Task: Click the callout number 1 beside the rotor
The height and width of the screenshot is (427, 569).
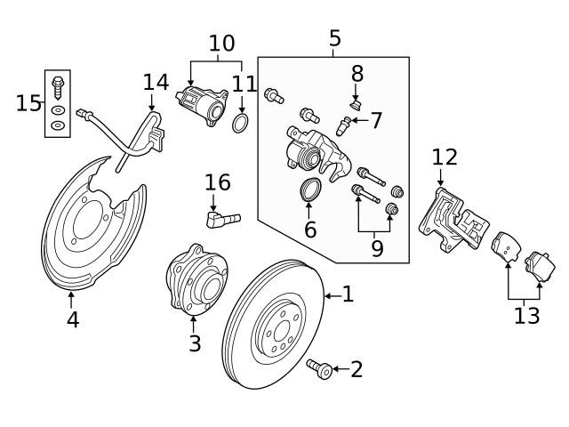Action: tap(348, 294)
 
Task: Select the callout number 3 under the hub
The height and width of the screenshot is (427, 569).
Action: tap(195, 343)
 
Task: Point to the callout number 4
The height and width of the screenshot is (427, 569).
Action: tap(72, 319)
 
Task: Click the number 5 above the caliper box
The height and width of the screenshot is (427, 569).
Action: tap(334, 38)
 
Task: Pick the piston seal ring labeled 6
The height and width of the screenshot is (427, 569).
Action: tap(309, 189)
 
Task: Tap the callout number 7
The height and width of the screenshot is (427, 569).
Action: tap(376, 119)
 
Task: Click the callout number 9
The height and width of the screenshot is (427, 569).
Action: tap(377, 248)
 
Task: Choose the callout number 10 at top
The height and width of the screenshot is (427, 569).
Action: tap(221, 43)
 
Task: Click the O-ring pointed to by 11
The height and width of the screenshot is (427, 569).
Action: tap(240, 124)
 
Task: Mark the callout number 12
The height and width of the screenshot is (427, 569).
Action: tap(445, 158)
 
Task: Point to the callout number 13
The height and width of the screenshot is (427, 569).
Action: tap(526, 315)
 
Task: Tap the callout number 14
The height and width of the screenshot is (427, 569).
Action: tap(156, 83)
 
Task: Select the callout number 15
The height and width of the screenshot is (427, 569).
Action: tap(28, 103)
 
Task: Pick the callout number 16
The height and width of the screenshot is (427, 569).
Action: tap(217, 183)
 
